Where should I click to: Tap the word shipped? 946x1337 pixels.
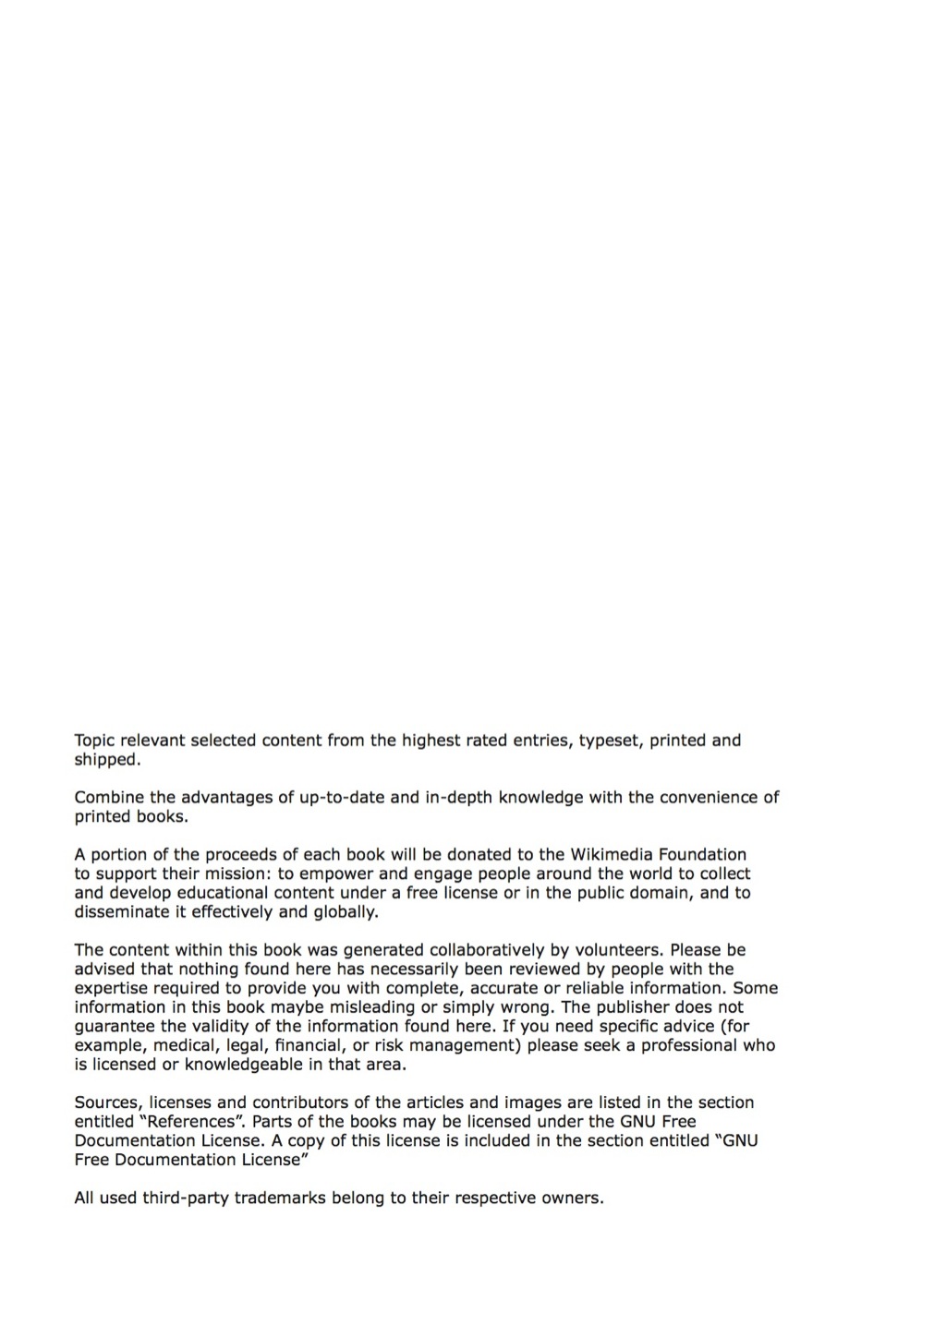tap(106, 760)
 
